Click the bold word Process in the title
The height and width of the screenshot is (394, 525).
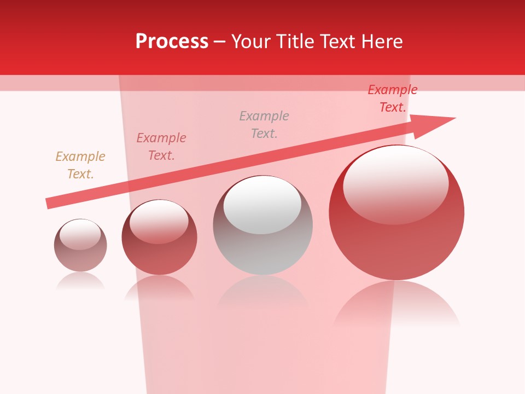pos(172,42)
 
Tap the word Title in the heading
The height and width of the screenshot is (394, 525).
pos(294,42)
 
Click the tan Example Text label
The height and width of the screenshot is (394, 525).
pos(80,165)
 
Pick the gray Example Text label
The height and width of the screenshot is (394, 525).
pos(264,125)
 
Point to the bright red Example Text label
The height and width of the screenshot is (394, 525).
pos(393,99)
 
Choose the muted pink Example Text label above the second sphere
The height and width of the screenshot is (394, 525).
pos(161,147)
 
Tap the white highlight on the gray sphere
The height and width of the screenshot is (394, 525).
pos(262,205)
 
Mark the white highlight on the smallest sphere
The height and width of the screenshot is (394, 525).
pos(80,235)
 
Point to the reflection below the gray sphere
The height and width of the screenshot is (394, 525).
pos(263,293)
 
